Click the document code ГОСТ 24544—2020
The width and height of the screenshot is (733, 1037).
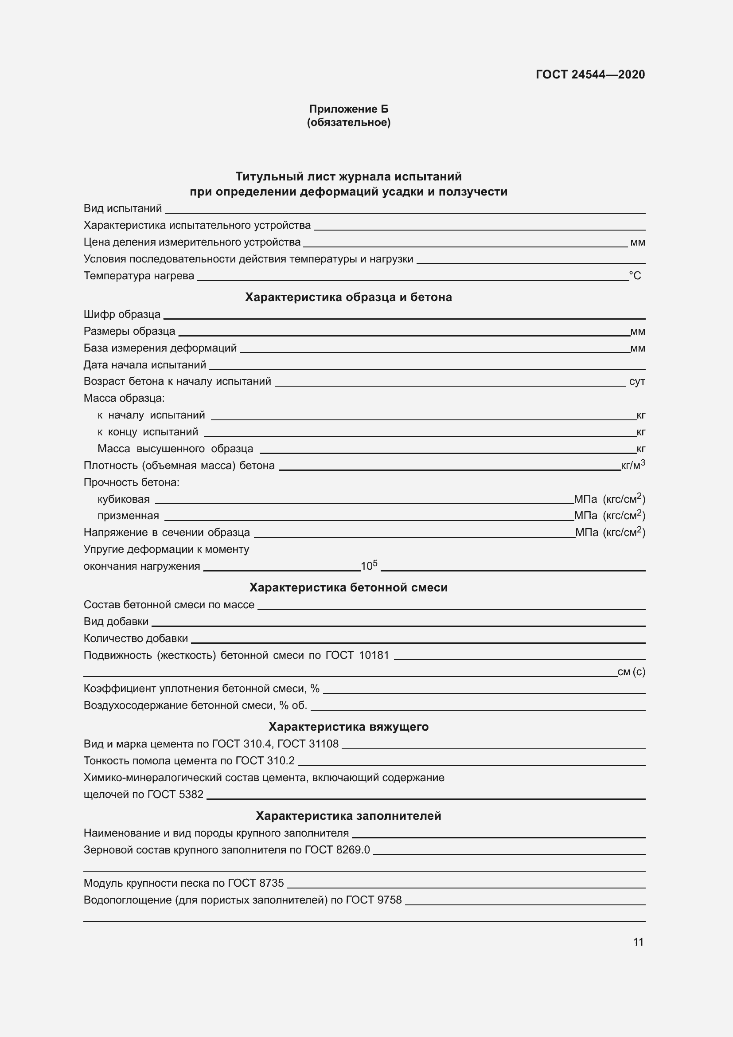point(590,74)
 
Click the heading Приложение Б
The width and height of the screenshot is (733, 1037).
point(348,109)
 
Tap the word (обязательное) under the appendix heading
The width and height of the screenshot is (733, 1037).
point(348,122)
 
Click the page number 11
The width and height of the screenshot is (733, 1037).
point(638,942)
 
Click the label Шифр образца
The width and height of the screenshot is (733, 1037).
point(122,314)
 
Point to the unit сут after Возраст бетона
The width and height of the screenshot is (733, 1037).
point(636,381)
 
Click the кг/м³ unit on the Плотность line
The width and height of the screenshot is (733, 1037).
point(633,465)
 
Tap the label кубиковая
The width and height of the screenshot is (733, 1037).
point(123,499)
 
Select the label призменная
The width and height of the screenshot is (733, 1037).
point(128,516)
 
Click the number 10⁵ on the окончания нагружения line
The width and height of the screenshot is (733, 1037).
point(368,565)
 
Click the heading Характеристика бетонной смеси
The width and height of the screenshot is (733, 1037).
point(348,587)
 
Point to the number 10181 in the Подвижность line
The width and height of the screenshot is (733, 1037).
point(374,655)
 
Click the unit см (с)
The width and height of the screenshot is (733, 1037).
point(631,672)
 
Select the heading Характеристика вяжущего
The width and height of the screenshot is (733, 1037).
point(348,726)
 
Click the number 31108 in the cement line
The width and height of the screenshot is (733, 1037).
point(323,744)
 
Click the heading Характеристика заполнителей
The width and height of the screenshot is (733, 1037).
point(348,816)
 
